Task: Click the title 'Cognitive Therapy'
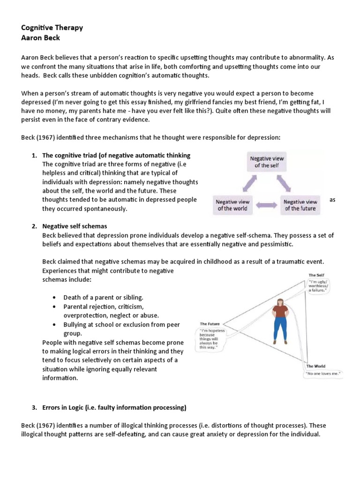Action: [x=52, y=27]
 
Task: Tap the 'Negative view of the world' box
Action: [x=233, y=205]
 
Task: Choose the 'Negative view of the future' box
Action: [x=300, y=205]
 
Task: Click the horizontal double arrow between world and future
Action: [x=266, y=205]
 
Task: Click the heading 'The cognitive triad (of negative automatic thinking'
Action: [x=116, y=156]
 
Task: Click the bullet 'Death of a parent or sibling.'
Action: [x=103, y=297]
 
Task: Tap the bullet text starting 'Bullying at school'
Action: [x=121, y=324]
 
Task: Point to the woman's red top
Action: [x=281, y=311]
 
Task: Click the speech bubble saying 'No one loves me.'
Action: [x=322, y=374]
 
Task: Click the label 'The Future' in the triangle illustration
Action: [x=210, y=323]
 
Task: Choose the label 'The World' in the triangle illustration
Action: [x=316, y=366]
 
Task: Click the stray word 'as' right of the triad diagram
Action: [x=332, y=200]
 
